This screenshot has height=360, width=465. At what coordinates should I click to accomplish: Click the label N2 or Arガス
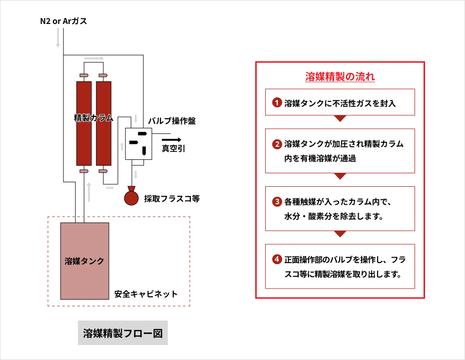click(x=63, y=21)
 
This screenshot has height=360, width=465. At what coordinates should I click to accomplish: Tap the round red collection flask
click(x=132, y=197)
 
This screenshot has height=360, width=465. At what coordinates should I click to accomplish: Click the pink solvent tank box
click(x=84, y=261)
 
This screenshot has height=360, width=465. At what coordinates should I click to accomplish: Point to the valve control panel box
click(x=137, y=144)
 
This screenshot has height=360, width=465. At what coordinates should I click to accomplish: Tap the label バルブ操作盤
click(x=172, y=121)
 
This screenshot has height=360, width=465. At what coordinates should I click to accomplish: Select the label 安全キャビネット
click(x=146, y=294)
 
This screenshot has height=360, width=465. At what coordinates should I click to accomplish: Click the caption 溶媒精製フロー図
click(x=123, y=333)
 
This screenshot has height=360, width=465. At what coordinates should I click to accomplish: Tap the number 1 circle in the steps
click(x=277, y=103)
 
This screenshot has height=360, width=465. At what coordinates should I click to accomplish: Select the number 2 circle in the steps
click(x=277, y=145)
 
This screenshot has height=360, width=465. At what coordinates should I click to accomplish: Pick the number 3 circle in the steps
click(x=277, y=202)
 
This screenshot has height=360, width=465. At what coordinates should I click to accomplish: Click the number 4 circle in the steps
click(x=277, y=260)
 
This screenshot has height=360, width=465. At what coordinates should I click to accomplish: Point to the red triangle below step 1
click(x=340, y=119)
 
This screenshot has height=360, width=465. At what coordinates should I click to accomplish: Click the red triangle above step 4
click(x=340, y=234)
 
